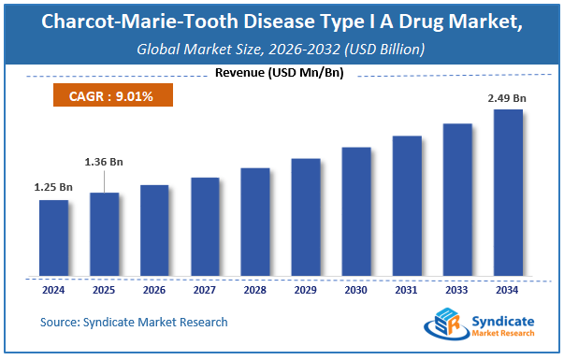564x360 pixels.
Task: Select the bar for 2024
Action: click(x=54, y=238)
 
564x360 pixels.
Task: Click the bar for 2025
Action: click(x=105, y=235)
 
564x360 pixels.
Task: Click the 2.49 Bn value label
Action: click(x=507, y=98)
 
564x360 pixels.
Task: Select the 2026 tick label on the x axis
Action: click(x=154, y=289)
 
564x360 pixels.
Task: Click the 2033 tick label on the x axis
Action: click(x=457, y=289)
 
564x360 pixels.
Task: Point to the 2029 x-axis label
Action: click(x=306, y=289)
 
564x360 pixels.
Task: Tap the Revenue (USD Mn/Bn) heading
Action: click(x=281, y=73)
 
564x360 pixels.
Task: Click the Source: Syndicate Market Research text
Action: click(x=134, y=323)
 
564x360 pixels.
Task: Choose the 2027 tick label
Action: click(x=205, y=289)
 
